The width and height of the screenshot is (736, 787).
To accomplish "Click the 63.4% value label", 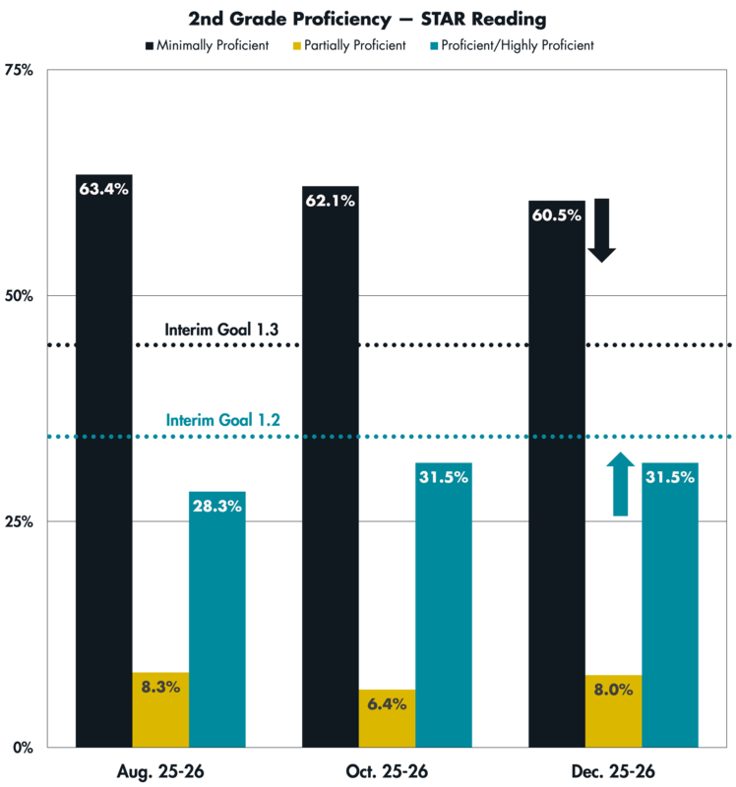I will (x=103, y=189).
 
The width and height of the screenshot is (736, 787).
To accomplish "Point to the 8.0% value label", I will (x=613, y=690).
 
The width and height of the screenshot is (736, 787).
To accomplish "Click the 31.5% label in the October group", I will (x=444, y=477).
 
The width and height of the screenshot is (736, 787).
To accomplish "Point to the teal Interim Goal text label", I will (x=222, y=419).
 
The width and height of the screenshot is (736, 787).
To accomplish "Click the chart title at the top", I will (x=367, y=19).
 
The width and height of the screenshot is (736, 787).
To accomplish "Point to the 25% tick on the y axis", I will (x=23, y=521).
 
